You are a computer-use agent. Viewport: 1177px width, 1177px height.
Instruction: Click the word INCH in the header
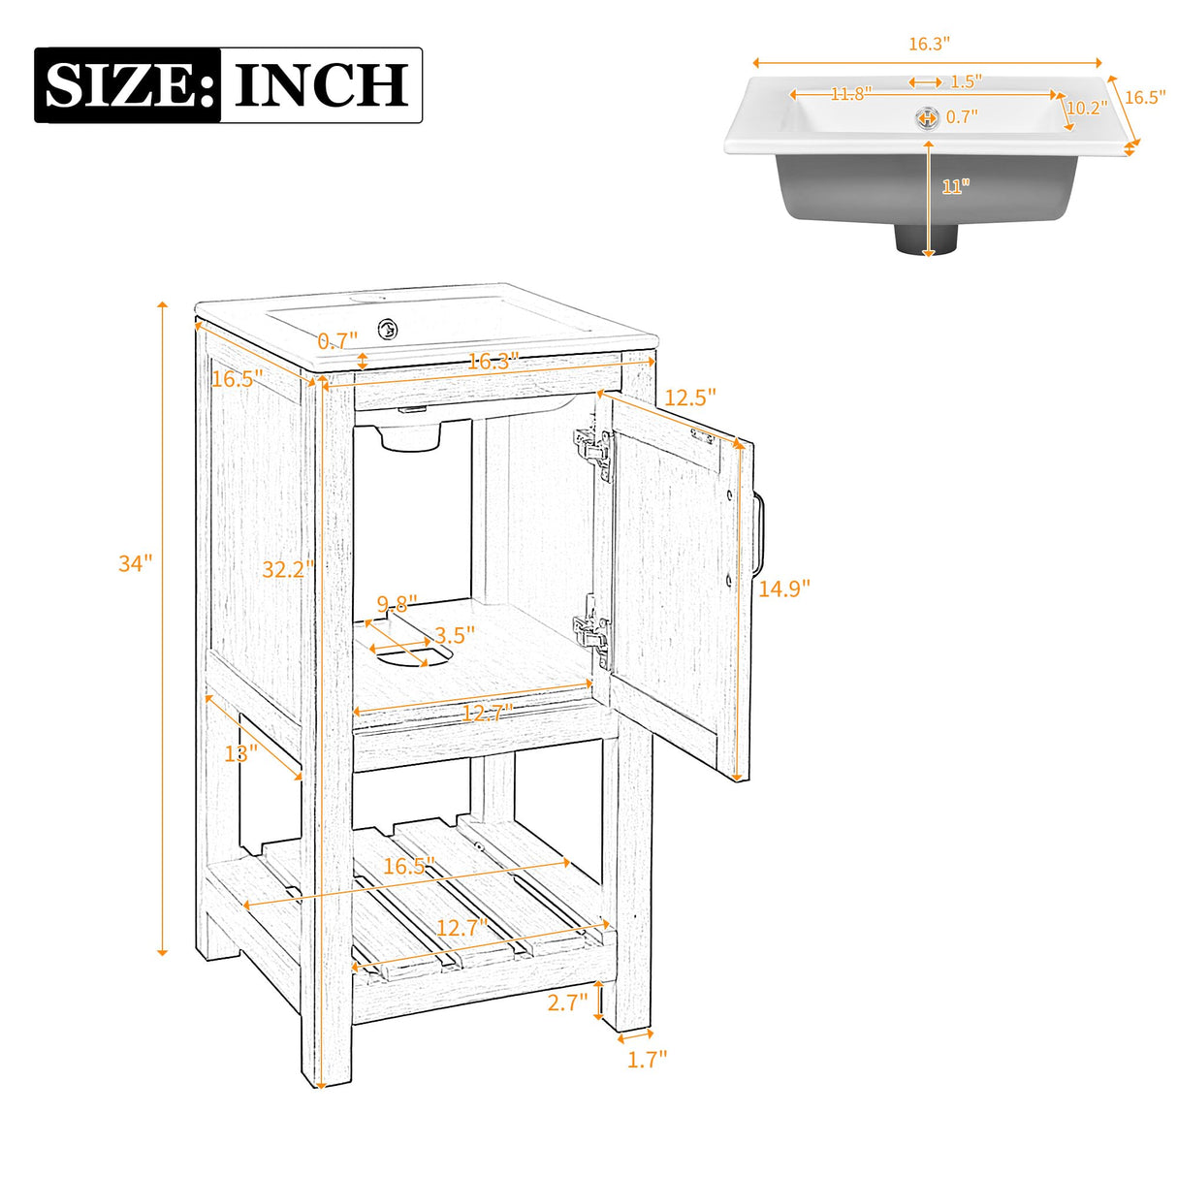[x=321, y=85]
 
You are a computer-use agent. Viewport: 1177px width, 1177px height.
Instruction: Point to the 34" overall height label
[x=135, y=563]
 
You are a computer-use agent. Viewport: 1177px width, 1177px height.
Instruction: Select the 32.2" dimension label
[x=288, y=570]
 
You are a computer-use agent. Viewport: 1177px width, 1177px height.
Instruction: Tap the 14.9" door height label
[x=783, y=588]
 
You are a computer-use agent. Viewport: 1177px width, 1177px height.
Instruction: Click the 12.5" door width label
[x=690, y=397]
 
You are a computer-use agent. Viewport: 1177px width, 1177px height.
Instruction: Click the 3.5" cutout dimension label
[x=455, y=635]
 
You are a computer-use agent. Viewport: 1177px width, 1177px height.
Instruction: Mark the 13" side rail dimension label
[x=240, y=752]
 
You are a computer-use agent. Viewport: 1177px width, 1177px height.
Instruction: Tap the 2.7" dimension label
[x=567, y=1002]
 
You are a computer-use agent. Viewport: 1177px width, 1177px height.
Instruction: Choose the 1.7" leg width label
[x=647, y=1059]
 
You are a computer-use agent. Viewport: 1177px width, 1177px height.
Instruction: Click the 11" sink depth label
[x=955, y=186]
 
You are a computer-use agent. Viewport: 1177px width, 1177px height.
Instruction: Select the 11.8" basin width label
[x=850, y=94]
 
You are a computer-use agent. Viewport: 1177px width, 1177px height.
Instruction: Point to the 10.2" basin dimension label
[x=1086, y=108]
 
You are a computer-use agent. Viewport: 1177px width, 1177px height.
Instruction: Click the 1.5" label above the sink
[x=966, y=81]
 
